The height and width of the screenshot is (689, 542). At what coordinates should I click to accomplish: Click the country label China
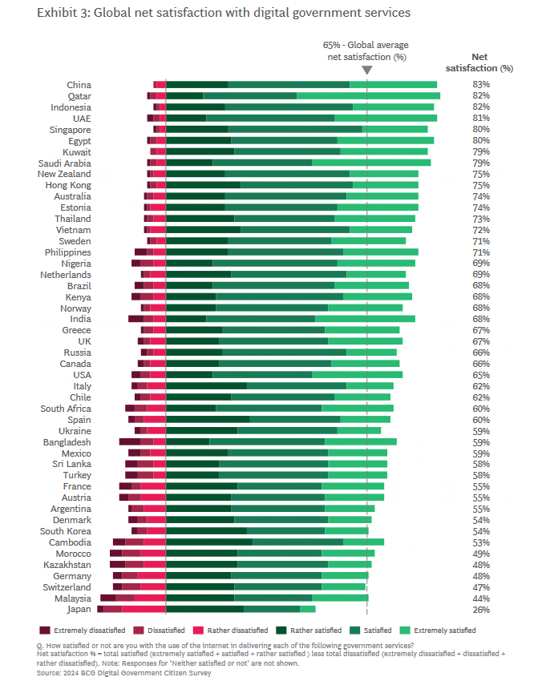tap(79, 85)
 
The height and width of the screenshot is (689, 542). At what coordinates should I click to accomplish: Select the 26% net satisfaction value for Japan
tap(481, 610)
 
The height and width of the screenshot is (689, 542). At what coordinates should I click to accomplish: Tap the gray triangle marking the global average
tap(366, 71)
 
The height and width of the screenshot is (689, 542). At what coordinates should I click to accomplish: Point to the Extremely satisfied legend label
tap(446, 631)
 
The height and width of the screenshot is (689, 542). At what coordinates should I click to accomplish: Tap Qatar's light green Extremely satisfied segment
tap(368, 96)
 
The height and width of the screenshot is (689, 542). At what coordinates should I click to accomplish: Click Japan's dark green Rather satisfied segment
tap(204, 610)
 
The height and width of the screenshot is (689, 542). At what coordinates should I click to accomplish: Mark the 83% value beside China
tap(481, 85)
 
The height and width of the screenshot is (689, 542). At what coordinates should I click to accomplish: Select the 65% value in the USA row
tap(481, 375)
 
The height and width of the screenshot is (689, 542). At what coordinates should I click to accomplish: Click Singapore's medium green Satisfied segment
tap(295, 130)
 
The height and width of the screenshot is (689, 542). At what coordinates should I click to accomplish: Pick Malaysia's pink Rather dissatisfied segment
tap(150, 598)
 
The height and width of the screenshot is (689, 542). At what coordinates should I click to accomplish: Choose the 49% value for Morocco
tap(481, 554)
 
